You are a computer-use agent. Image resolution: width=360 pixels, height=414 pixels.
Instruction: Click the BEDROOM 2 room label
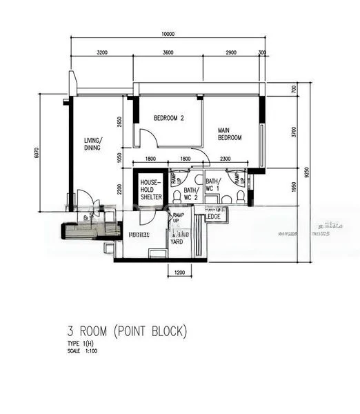click(x=169, y=118)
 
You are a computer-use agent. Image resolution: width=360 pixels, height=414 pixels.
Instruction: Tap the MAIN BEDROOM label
click(x=230, y=134)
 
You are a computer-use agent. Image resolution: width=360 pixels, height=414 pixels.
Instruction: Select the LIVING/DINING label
click(x=92, y=144)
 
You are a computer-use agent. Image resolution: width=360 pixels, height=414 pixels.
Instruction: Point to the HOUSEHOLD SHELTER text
click(x=151, y=189)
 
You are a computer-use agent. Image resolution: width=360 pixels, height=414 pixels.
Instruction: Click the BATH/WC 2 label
click(x=190, y=193)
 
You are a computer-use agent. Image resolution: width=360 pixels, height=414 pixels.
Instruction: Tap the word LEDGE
click(x=214, y=217)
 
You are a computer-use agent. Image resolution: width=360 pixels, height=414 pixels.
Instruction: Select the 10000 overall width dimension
click(x=168, y=34)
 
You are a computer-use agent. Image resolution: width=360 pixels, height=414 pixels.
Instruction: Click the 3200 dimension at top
click(x=103, y=52)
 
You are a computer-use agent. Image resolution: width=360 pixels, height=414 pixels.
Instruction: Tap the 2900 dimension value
click(x=231, y=52)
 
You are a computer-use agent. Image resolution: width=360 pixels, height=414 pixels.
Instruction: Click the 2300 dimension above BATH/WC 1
click(x=227, y=159)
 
